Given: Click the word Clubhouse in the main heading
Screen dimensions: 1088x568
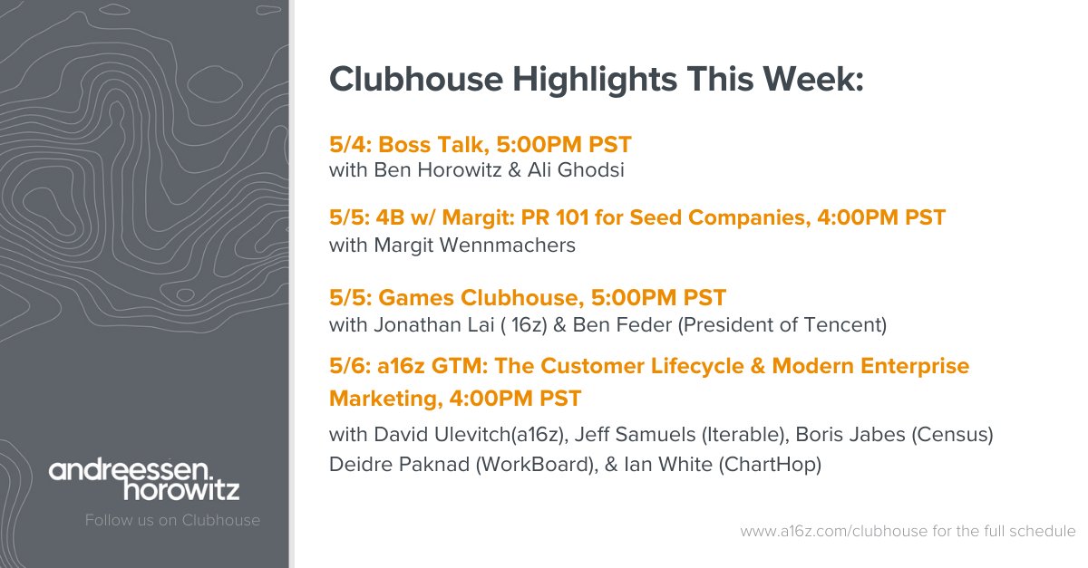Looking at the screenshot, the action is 416,79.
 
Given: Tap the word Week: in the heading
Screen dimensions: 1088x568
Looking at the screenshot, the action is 813,79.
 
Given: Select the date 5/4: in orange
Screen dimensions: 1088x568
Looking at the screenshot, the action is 350,145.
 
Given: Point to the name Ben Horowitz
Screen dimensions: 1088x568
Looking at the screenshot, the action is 438,170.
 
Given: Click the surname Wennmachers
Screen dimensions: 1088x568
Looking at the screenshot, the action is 508,245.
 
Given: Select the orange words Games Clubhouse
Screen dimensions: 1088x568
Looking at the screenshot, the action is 481,298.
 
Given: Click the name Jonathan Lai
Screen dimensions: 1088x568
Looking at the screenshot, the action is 434,325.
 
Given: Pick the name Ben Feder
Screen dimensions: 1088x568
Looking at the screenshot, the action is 622,325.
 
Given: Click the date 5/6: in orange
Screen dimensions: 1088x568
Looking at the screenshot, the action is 350,366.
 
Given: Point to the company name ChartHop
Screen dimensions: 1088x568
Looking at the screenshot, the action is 770,465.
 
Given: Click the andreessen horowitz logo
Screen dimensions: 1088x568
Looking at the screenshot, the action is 144,480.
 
